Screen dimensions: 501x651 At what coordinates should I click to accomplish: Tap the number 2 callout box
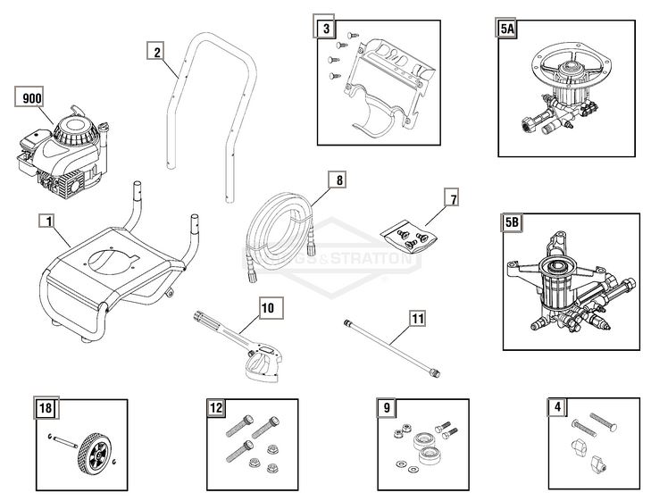pyautogui.click(x=157, y=52)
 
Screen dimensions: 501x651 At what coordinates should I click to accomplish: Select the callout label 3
pyautogui.click(x=327, y=29)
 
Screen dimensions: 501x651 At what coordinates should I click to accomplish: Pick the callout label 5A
pyautogui.click(x=507, y=29)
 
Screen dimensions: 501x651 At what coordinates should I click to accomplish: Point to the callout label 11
pyautogui.click(x=417, y=317)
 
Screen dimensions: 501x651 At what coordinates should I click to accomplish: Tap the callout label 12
pyautogui.click(x=215, y=408)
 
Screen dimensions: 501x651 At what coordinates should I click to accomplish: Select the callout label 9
pyautogui.click(x=386, y=408)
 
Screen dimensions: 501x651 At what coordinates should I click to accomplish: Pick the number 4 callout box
pyautogui.click(x=558, y=408)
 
